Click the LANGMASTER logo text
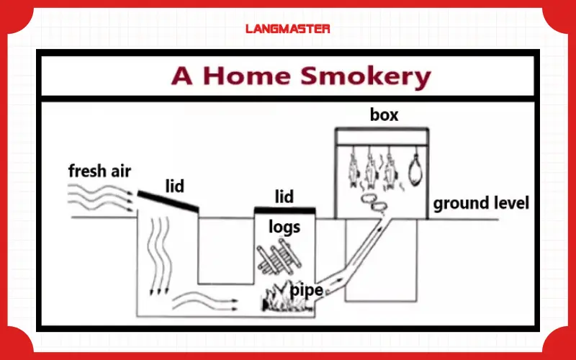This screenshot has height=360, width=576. coord(287,29)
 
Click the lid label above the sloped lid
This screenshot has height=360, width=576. coord(174,186)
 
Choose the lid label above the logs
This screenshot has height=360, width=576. coord(284,197)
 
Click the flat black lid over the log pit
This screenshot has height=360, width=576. coord(284,210)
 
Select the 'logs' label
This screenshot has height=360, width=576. coord(284,228)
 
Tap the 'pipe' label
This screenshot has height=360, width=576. coord(306,290)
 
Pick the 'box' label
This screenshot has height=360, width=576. coord(384,114)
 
